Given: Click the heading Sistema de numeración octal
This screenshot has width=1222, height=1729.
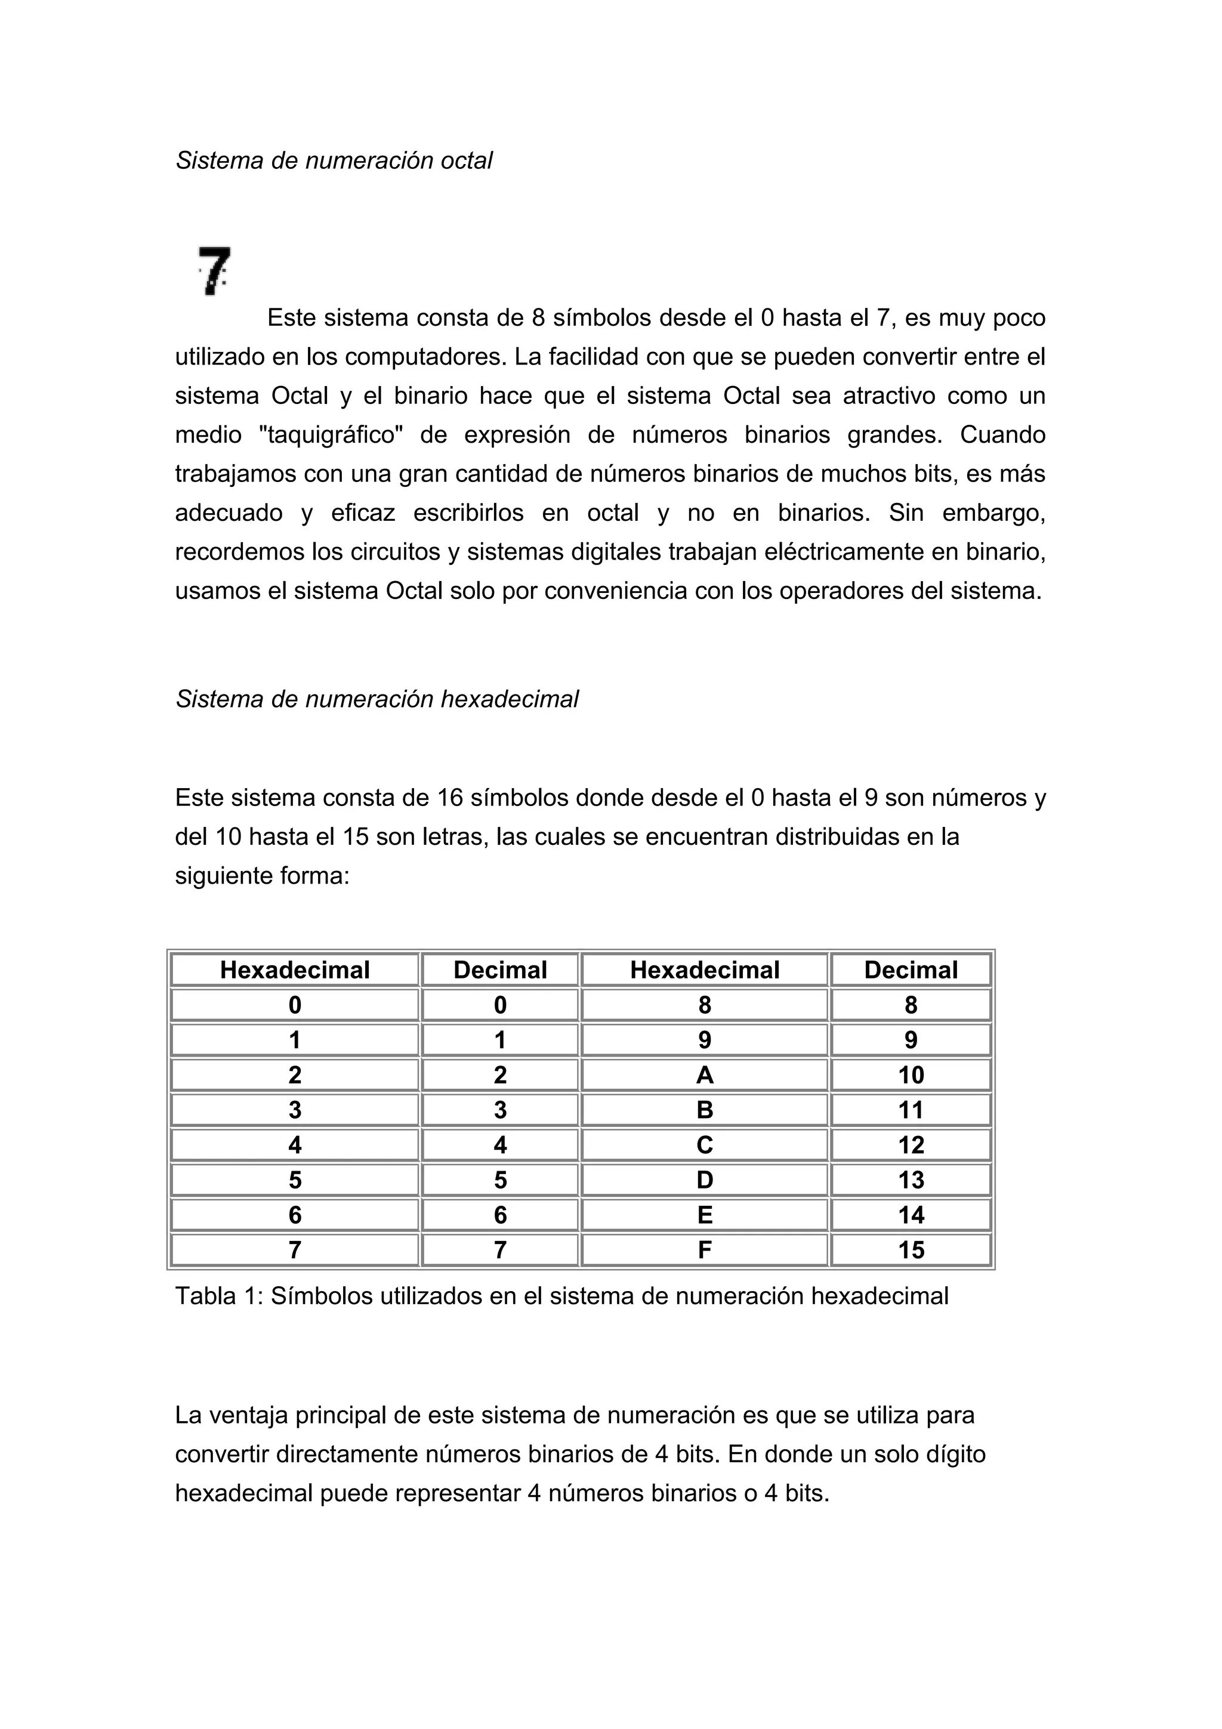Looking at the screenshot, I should coord(334,160).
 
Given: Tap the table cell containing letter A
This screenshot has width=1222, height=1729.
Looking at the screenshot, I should coord(704,1075).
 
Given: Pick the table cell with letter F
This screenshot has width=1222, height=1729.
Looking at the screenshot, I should coord(704,1250).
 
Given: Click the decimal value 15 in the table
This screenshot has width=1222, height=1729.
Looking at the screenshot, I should coord(911,1250).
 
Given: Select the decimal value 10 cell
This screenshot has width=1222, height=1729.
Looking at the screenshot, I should coord(911,1075).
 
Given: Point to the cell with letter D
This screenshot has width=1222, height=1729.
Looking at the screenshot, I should coord(704,1180).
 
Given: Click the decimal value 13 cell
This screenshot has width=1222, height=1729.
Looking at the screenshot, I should coord(911,1180).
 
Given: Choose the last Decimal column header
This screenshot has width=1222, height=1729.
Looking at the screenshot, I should coord(911,970).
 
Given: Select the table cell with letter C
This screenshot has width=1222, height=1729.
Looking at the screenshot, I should coord(704,1145).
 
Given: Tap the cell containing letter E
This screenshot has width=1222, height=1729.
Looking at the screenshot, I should coord(704,1215).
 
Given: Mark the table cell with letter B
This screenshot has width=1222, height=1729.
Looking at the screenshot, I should coord(704,1110).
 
